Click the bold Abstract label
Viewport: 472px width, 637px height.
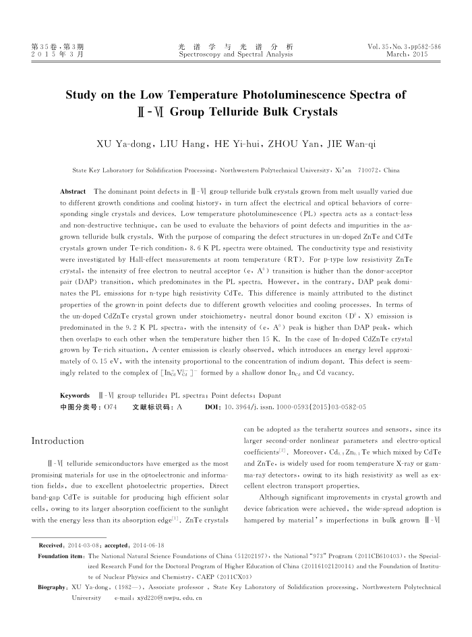[x=73, y=192]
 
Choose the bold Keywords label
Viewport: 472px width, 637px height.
[x=75, y=395]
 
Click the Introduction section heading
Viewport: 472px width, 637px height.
[x=58, y=441]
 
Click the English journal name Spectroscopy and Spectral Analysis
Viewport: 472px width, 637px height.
[x=235, y=53]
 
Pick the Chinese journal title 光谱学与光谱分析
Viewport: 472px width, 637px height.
[x=235, y=46]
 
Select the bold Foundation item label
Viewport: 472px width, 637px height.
[x=61, y=557]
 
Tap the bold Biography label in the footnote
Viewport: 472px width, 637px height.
[x=53, y=587]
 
